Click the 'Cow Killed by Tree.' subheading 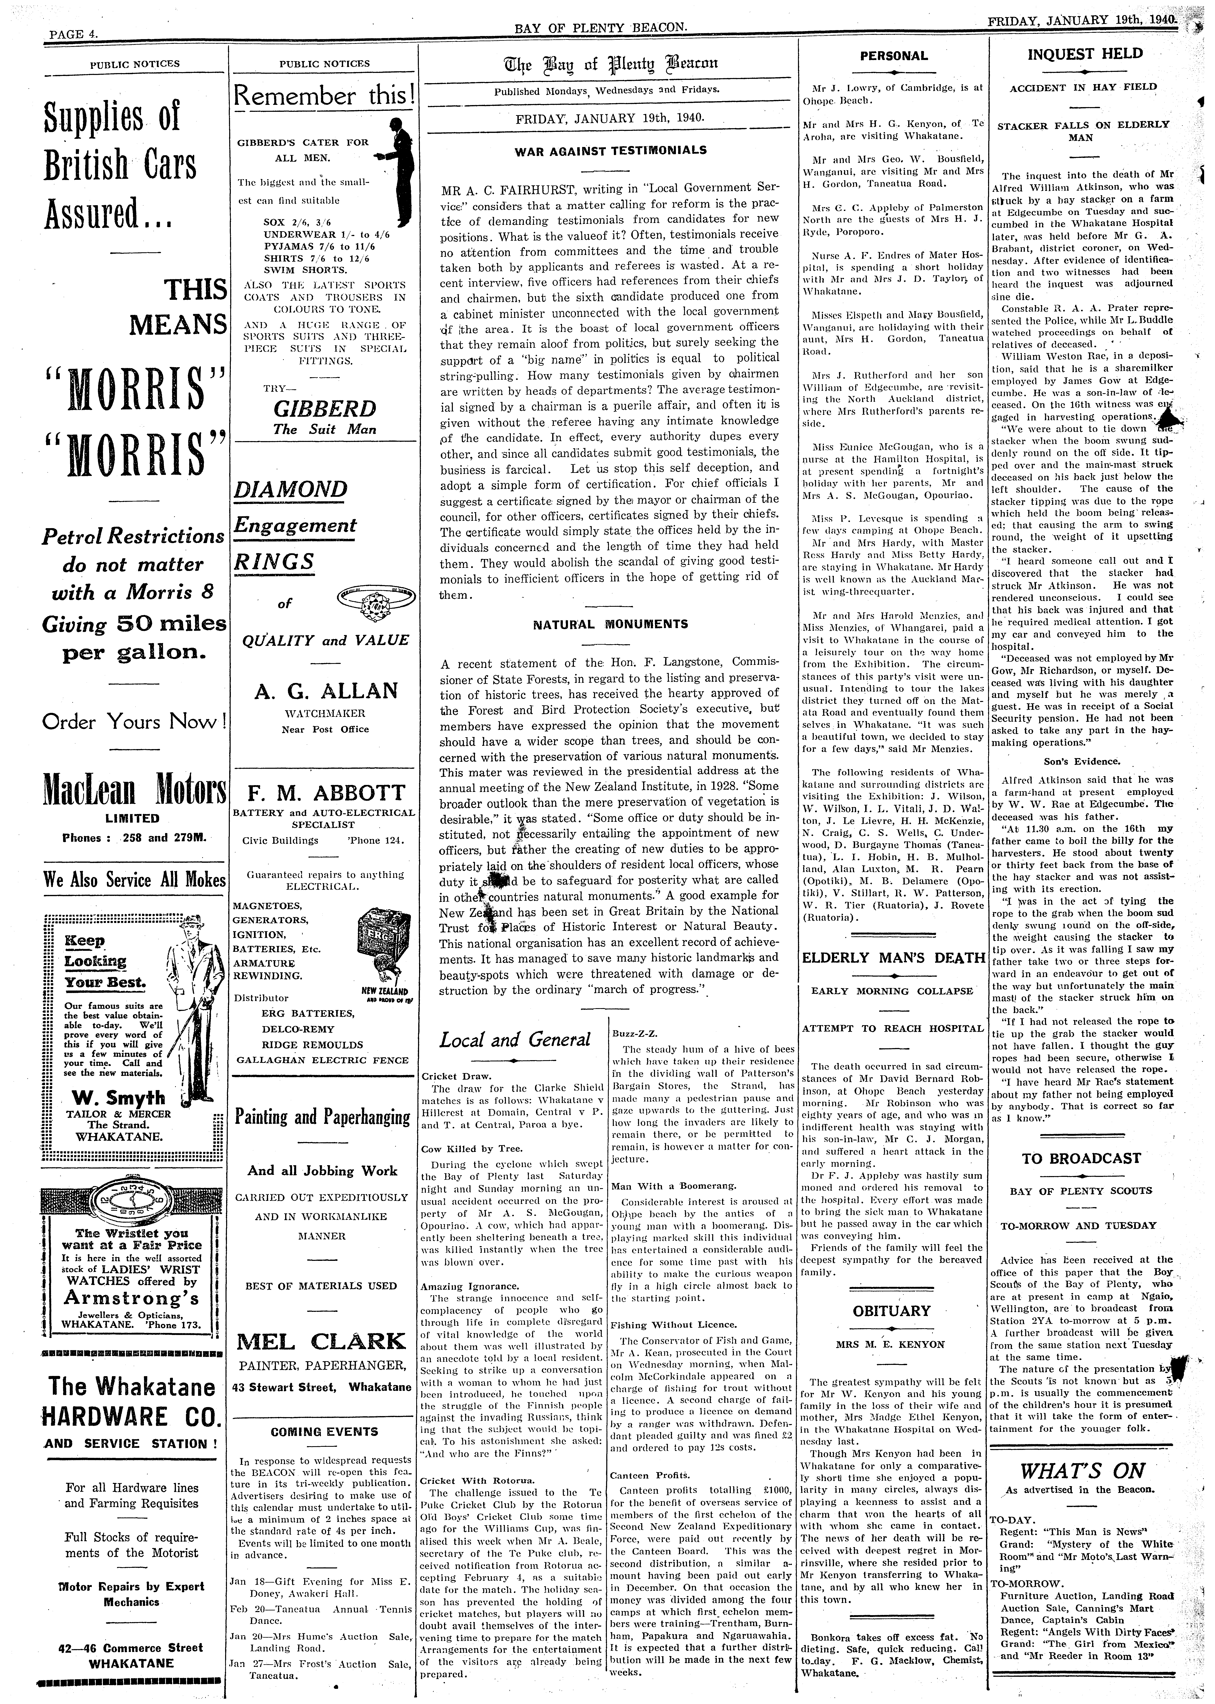[x=472, y=1148]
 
